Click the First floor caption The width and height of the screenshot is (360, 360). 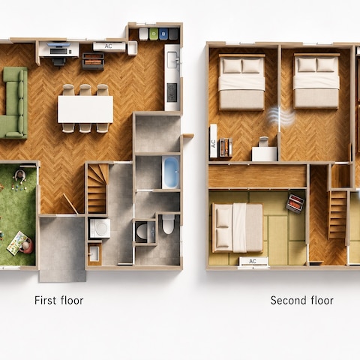[x=59, y=300]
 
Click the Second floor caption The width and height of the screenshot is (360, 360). [x=301, y=300]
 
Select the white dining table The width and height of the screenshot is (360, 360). [x=85, y=109]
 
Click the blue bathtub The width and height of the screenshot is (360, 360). [x=171, y=172]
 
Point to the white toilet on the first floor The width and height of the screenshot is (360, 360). [x=168, y=223]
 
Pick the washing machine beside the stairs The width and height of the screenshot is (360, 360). [x=100, y=228]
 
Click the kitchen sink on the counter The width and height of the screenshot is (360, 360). [x=172, y=60]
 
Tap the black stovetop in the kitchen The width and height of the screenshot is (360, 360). [x=172, y=92]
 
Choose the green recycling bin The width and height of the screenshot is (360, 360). [x=154, y=34]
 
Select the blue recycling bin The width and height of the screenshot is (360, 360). [x=163, y=34]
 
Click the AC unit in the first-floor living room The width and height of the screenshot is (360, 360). [x=109, y=46]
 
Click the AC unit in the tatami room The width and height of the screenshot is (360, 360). [x=253, y=261]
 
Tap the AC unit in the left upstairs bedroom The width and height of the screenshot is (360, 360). [x=213, y=141]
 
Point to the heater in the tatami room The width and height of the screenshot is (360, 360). [x=295, y=204]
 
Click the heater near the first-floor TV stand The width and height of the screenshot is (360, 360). [x=93, y=61]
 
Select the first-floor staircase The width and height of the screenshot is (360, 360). [x=97, y=188]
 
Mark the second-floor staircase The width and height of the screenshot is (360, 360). [x=337, y=214]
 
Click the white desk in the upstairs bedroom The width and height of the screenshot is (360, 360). [x=264, y=154]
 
